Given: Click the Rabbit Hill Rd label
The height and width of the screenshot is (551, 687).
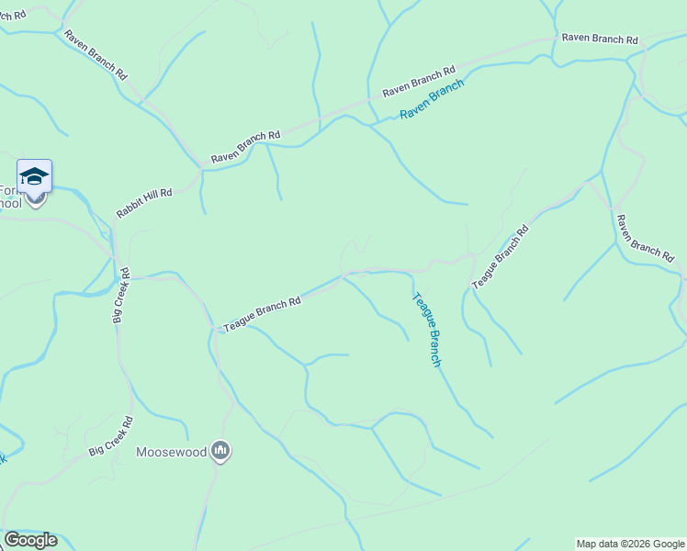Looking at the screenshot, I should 144,203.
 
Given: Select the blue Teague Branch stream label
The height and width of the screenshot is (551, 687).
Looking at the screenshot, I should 427,330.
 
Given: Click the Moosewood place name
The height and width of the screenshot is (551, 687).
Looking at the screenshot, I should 171,452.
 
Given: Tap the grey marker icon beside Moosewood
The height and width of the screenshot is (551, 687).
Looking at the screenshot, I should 220,451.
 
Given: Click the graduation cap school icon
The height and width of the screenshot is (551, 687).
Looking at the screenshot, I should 34,175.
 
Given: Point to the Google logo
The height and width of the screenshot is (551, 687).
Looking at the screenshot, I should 30,540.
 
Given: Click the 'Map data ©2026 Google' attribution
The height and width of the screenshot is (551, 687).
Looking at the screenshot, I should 630,544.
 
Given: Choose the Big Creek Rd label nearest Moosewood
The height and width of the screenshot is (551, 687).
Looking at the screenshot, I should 111,437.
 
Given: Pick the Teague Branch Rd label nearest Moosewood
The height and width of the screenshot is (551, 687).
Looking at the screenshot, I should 262,313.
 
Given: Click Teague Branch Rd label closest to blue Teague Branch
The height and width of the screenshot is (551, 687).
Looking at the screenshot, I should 501,257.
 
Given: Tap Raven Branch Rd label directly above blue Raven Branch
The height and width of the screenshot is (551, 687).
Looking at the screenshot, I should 419,82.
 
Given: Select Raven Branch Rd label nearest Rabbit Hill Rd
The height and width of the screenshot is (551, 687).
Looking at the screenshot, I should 245,147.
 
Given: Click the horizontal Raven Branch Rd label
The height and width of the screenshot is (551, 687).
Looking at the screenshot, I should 600,39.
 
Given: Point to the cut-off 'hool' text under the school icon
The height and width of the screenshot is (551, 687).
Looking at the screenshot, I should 11,203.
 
